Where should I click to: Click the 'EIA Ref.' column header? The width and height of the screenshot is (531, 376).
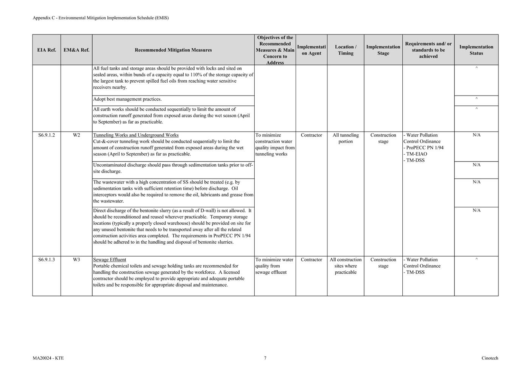pos(47,50)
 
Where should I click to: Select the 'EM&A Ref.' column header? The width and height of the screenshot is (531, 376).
pos(76,50)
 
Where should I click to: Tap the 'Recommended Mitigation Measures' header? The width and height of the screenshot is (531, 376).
pos(173,50)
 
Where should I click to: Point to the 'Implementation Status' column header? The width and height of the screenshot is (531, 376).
pos(476,50)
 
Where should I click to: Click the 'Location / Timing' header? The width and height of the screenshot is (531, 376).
pos(346,50)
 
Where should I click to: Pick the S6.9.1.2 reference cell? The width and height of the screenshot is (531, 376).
pos(47,135)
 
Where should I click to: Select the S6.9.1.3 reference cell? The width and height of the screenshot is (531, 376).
pos(47,260)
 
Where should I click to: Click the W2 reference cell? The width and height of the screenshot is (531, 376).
pos(76,135)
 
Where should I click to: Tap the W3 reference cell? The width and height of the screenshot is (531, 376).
pos(76,260)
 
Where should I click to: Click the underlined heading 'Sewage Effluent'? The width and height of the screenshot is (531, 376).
pos(110,260)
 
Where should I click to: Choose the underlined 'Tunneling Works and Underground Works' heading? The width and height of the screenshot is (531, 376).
pos(136,135)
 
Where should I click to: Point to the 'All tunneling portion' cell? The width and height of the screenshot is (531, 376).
pos(346,138)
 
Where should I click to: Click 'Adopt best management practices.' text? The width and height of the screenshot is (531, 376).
pos(128,99)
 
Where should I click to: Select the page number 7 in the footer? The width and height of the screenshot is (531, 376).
pos(265,358)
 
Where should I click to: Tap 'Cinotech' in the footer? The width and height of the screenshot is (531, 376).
pos(490,358)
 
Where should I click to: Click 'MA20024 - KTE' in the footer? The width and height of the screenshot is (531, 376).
pos(48,358)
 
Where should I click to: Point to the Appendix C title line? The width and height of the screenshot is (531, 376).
pos(101,18)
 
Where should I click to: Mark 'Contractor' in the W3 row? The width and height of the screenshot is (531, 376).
pos(311,260)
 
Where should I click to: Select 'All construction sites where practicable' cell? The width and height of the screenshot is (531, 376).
pos(346,266)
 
